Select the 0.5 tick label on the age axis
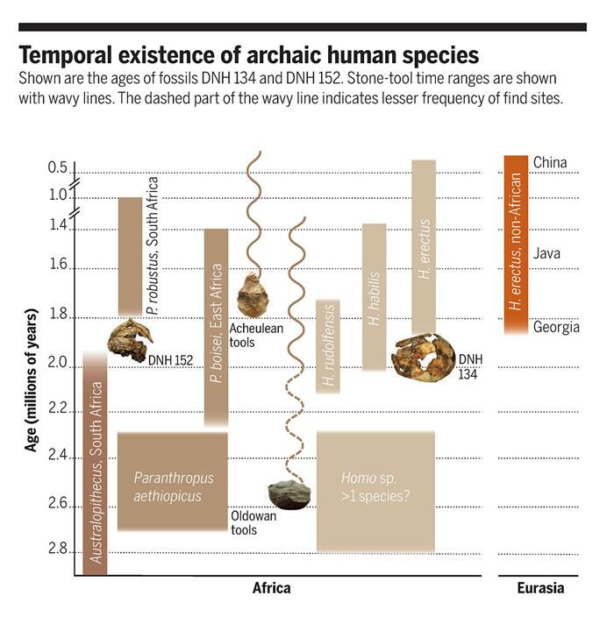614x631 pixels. click(x=58, y=167)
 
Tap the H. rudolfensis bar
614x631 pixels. click(x=328, y=346)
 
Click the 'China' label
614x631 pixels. click(x=550, y=163)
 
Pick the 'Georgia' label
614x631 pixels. click(x=556, y=328)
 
